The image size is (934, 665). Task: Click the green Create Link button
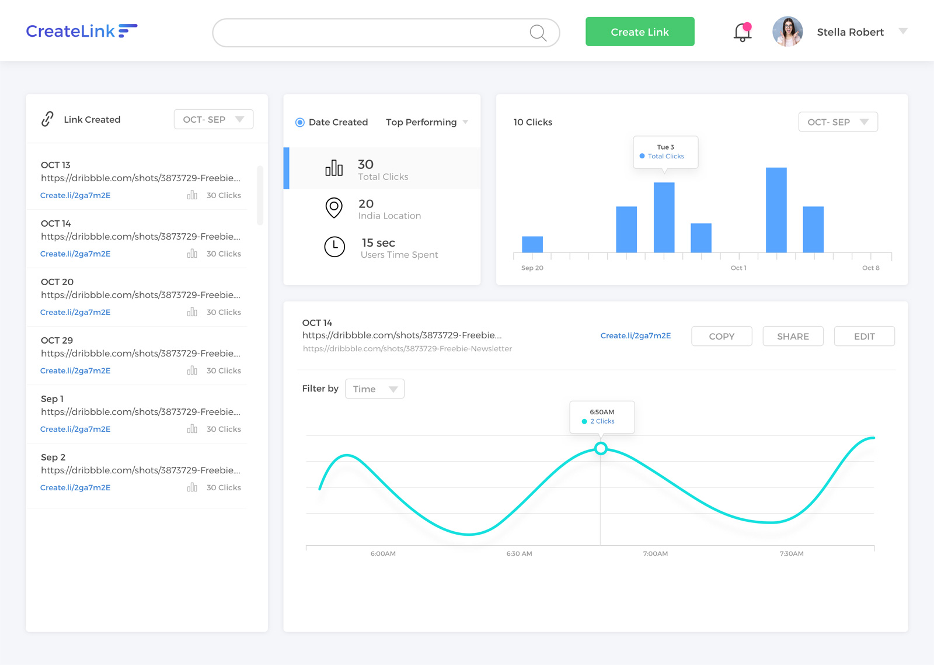click(640, 32)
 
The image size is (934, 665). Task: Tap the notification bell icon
click(742, 32)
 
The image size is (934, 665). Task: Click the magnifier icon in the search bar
click(538, 33)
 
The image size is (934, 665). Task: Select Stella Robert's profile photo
click(787, 32)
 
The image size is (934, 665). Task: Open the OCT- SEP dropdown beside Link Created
click(213, 119)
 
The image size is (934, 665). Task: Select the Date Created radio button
click(300, 122)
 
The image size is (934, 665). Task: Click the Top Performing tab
click(421, 122)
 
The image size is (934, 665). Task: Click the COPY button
click(722, 336)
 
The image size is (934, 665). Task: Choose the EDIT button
click(864, 336)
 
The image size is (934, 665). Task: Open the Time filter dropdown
click(374, 389)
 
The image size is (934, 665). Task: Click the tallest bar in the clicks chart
click(776, 210)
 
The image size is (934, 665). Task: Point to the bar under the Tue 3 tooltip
click(664, 217)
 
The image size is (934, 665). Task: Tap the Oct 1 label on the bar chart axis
click(738, 268)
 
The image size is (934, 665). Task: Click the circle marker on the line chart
click(601, 448)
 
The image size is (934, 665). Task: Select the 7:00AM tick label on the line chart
click(656, 553)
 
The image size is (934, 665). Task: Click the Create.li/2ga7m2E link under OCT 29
click(75, 370)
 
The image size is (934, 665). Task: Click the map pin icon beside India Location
click(334, 207)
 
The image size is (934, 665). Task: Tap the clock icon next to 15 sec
click(334, 247)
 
